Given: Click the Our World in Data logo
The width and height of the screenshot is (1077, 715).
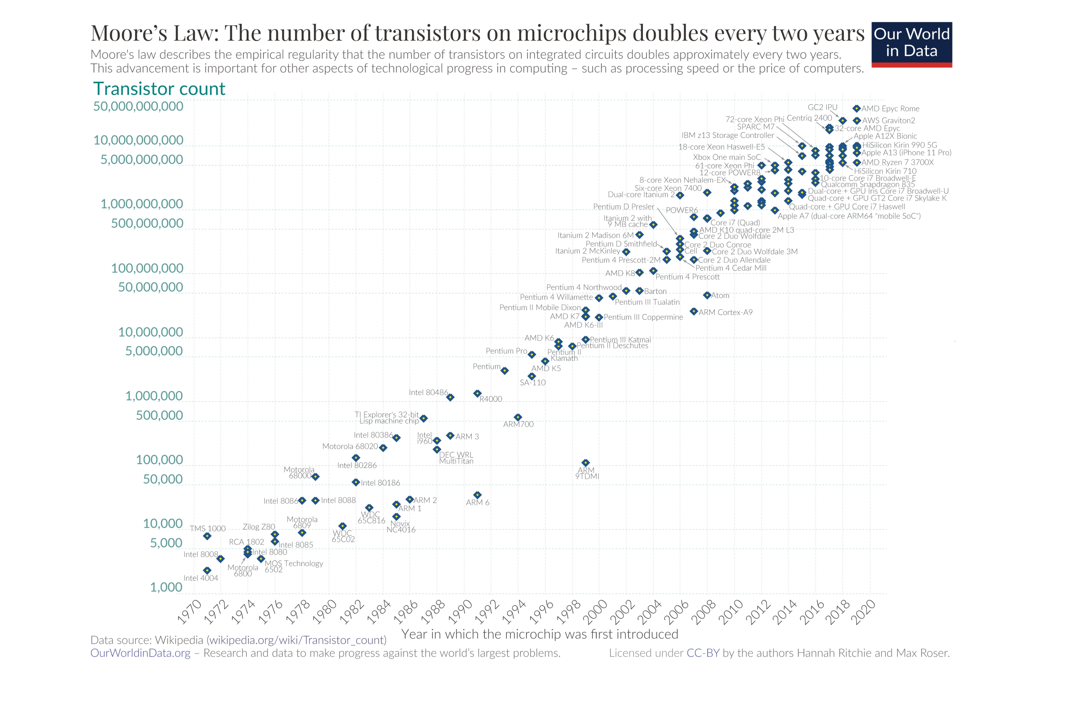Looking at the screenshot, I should point(911,44).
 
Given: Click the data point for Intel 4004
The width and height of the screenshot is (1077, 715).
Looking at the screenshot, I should point(207,570).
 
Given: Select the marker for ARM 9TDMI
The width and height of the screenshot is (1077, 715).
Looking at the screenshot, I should point(586,463).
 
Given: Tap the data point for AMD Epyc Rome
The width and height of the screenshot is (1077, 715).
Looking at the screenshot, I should point(856,108).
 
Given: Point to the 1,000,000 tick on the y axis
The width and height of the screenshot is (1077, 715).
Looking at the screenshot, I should point(154,396).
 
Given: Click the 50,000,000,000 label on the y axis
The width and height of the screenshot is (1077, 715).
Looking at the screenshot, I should point(138,106).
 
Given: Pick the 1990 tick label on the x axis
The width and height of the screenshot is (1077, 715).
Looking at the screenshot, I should point(459,612).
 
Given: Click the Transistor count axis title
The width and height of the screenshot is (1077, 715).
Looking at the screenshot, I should point(159,88).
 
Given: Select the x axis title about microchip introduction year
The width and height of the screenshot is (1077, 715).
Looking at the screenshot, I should point(540,634).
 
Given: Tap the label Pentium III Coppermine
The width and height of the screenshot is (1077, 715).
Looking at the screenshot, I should point(643,317).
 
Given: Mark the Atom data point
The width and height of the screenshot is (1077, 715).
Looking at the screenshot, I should point(707,295).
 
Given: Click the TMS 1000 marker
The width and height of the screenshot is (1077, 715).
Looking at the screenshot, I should point(207,536).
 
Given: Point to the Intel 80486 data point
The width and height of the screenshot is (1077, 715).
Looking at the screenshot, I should point(450,397).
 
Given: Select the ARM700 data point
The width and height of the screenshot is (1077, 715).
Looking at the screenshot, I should point(518,417).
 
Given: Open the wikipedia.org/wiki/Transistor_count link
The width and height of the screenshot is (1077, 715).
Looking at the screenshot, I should point(297,640).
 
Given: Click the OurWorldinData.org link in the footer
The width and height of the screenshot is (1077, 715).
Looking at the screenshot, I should point(140,653).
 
